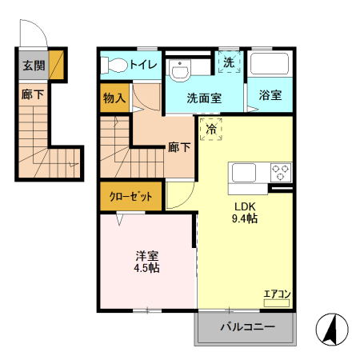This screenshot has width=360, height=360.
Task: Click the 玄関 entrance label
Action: [x=34, y=66]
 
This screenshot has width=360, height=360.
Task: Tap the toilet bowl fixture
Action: [x=114, y=65]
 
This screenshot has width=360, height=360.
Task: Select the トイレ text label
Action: [x=143, y=65]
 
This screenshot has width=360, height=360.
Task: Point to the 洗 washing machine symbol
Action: [x=230, y=62]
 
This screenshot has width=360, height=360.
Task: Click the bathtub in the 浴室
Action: [x=270, y=64]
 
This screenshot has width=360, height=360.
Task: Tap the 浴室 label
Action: [x=270, y=95]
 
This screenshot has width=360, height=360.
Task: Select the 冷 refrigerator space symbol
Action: [x=211, y=130]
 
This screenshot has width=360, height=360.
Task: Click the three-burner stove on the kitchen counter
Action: [x=281, y=173]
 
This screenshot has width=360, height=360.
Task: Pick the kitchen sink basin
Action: [x=244, y=173]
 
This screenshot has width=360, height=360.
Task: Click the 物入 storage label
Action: [x=114, y=98]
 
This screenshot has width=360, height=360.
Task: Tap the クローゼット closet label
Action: [x=130, y=197]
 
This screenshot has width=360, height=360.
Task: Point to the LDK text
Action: [x=245, y=206]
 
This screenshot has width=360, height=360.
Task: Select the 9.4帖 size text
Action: [x=245, y=218]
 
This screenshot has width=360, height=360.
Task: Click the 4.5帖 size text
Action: [x=146, y=268]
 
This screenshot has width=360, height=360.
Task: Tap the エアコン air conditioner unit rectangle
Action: [x=277, y=303]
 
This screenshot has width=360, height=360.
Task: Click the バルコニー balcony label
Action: [x=248, y=326]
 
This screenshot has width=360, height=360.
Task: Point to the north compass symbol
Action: [x=332, y=330]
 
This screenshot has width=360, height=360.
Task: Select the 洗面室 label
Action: [x=204, y=98]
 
